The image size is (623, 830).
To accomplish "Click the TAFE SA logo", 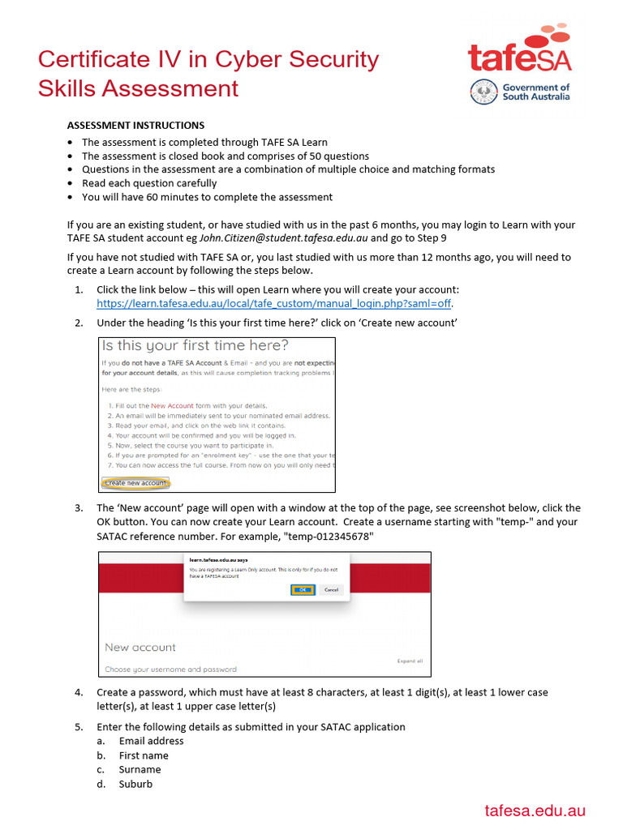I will [519, 50].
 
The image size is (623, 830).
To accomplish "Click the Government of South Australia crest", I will [484, 92].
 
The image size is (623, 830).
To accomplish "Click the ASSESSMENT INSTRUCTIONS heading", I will [135, 126].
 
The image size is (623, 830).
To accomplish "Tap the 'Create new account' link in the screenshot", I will [135, 483].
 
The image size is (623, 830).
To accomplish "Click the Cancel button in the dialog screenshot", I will [331, 590].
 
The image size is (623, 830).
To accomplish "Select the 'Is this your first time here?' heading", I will [195, 346].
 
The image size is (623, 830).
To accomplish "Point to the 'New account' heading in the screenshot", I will [140, 647].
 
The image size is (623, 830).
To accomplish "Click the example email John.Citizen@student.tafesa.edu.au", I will [284, 238].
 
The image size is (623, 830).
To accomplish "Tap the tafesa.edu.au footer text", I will [535, 811].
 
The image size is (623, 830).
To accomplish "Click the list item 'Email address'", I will [151, 741].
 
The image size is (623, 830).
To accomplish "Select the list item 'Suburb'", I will [135, 785].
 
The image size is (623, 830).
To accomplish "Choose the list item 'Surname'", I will [140, 770].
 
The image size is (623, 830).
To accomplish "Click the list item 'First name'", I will [144, 755].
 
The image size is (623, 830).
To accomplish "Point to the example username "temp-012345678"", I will [329, 537].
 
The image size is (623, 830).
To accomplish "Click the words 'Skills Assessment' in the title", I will [138, 88].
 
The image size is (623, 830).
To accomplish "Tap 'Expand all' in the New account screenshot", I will [410, 661].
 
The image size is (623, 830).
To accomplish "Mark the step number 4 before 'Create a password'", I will [79, 692].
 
